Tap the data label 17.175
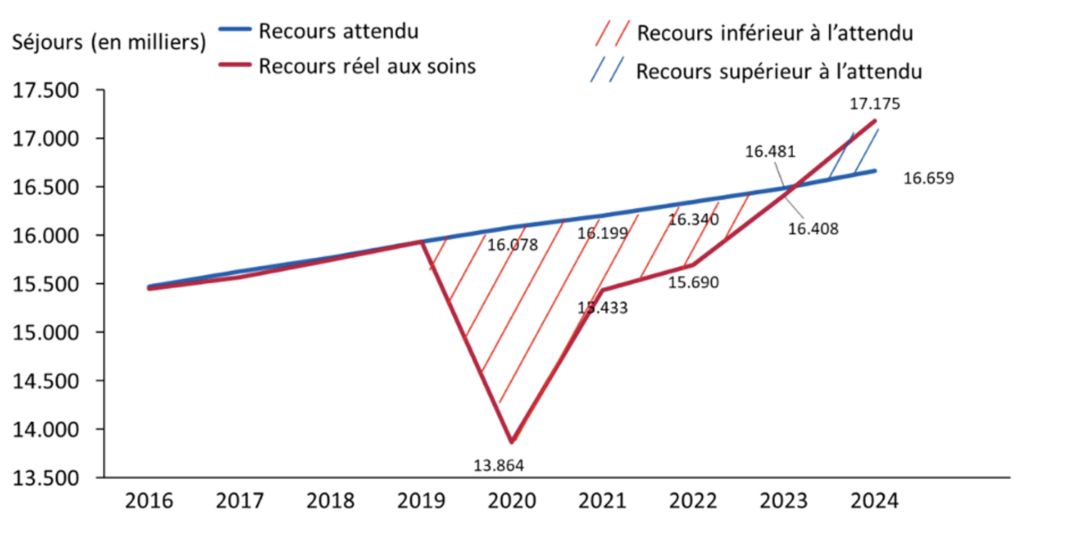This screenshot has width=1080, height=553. pyautogui.click(x=874, y=104)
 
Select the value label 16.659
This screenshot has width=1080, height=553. pyautogui.click(x=929, y=178)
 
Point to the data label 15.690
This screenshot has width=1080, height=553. pyautogui.click(x=694, y=282)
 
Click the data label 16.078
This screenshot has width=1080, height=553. pyautogui.click(x=512, y=246)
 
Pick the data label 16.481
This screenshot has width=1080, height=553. pyautogui.click(x=770, y=151)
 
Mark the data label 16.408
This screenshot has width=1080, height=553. pyautogui.click(x=813, y=229)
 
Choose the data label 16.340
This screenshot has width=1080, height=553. pyautogui.click(x=694, y=219)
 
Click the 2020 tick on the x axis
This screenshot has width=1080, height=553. pyautogui.click(x=511, y=501)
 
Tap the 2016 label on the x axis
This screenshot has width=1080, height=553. pyautogui.click(x=149, y=501)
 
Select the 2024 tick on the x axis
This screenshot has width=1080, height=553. pyautogui.click(x=874, y=501)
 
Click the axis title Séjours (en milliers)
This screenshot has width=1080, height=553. pyautogui.click(x=109, y=42)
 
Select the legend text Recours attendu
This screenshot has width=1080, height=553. pyautogui.click(x=339, y=31)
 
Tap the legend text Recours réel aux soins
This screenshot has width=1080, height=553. pyautogui.click(x=367, y=66)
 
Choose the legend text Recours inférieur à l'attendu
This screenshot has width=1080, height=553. pyautogui.click(x=775, y=34)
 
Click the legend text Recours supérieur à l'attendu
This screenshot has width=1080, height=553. pyautogui.click(x=779, y=72)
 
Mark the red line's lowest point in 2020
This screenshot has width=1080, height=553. pyautogui.click(x=511, y=442)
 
